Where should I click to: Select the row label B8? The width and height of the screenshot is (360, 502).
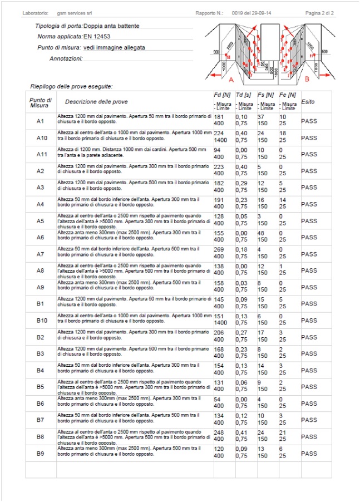40,437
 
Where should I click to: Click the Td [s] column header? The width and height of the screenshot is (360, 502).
244,95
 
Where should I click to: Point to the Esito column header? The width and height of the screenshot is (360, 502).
308,102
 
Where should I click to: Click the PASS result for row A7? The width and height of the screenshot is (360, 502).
309,254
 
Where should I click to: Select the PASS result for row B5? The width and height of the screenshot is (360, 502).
309,387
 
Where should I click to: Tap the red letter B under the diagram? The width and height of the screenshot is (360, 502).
307,80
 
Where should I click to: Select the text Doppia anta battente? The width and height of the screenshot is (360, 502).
111,26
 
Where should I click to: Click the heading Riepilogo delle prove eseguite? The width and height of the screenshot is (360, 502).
72,87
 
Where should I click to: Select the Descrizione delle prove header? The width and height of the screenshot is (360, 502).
96,102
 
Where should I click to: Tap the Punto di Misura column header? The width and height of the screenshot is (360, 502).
40,102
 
